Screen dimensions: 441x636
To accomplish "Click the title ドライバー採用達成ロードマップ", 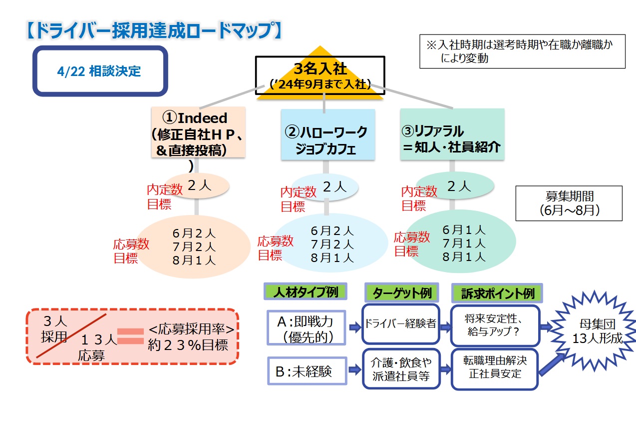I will pos(152,30).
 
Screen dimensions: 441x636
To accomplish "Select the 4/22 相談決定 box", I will pos(100,71).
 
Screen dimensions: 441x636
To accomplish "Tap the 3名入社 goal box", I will pos(320,75).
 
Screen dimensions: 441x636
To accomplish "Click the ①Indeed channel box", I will pos(198,133).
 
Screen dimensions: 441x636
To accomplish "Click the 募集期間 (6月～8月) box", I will pos(569,203).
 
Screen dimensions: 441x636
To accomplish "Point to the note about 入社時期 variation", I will pos(522,51).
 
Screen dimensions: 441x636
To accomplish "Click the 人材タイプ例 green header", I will pos(305,292).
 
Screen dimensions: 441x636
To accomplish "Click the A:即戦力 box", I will pos(307,328).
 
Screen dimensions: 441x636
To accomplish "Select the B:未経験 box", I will pos(307,371).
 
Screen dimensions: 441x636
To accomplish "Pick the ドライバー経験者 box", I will pos(401,324).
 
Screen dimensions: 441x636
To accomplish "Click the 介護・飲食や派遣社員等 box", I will pos(401,369).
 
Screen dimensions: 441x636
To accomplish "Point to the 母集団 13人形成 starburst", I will pos(597,331).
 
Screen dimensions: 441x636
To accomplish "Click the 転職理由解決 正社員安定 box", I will pos(494,369).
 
